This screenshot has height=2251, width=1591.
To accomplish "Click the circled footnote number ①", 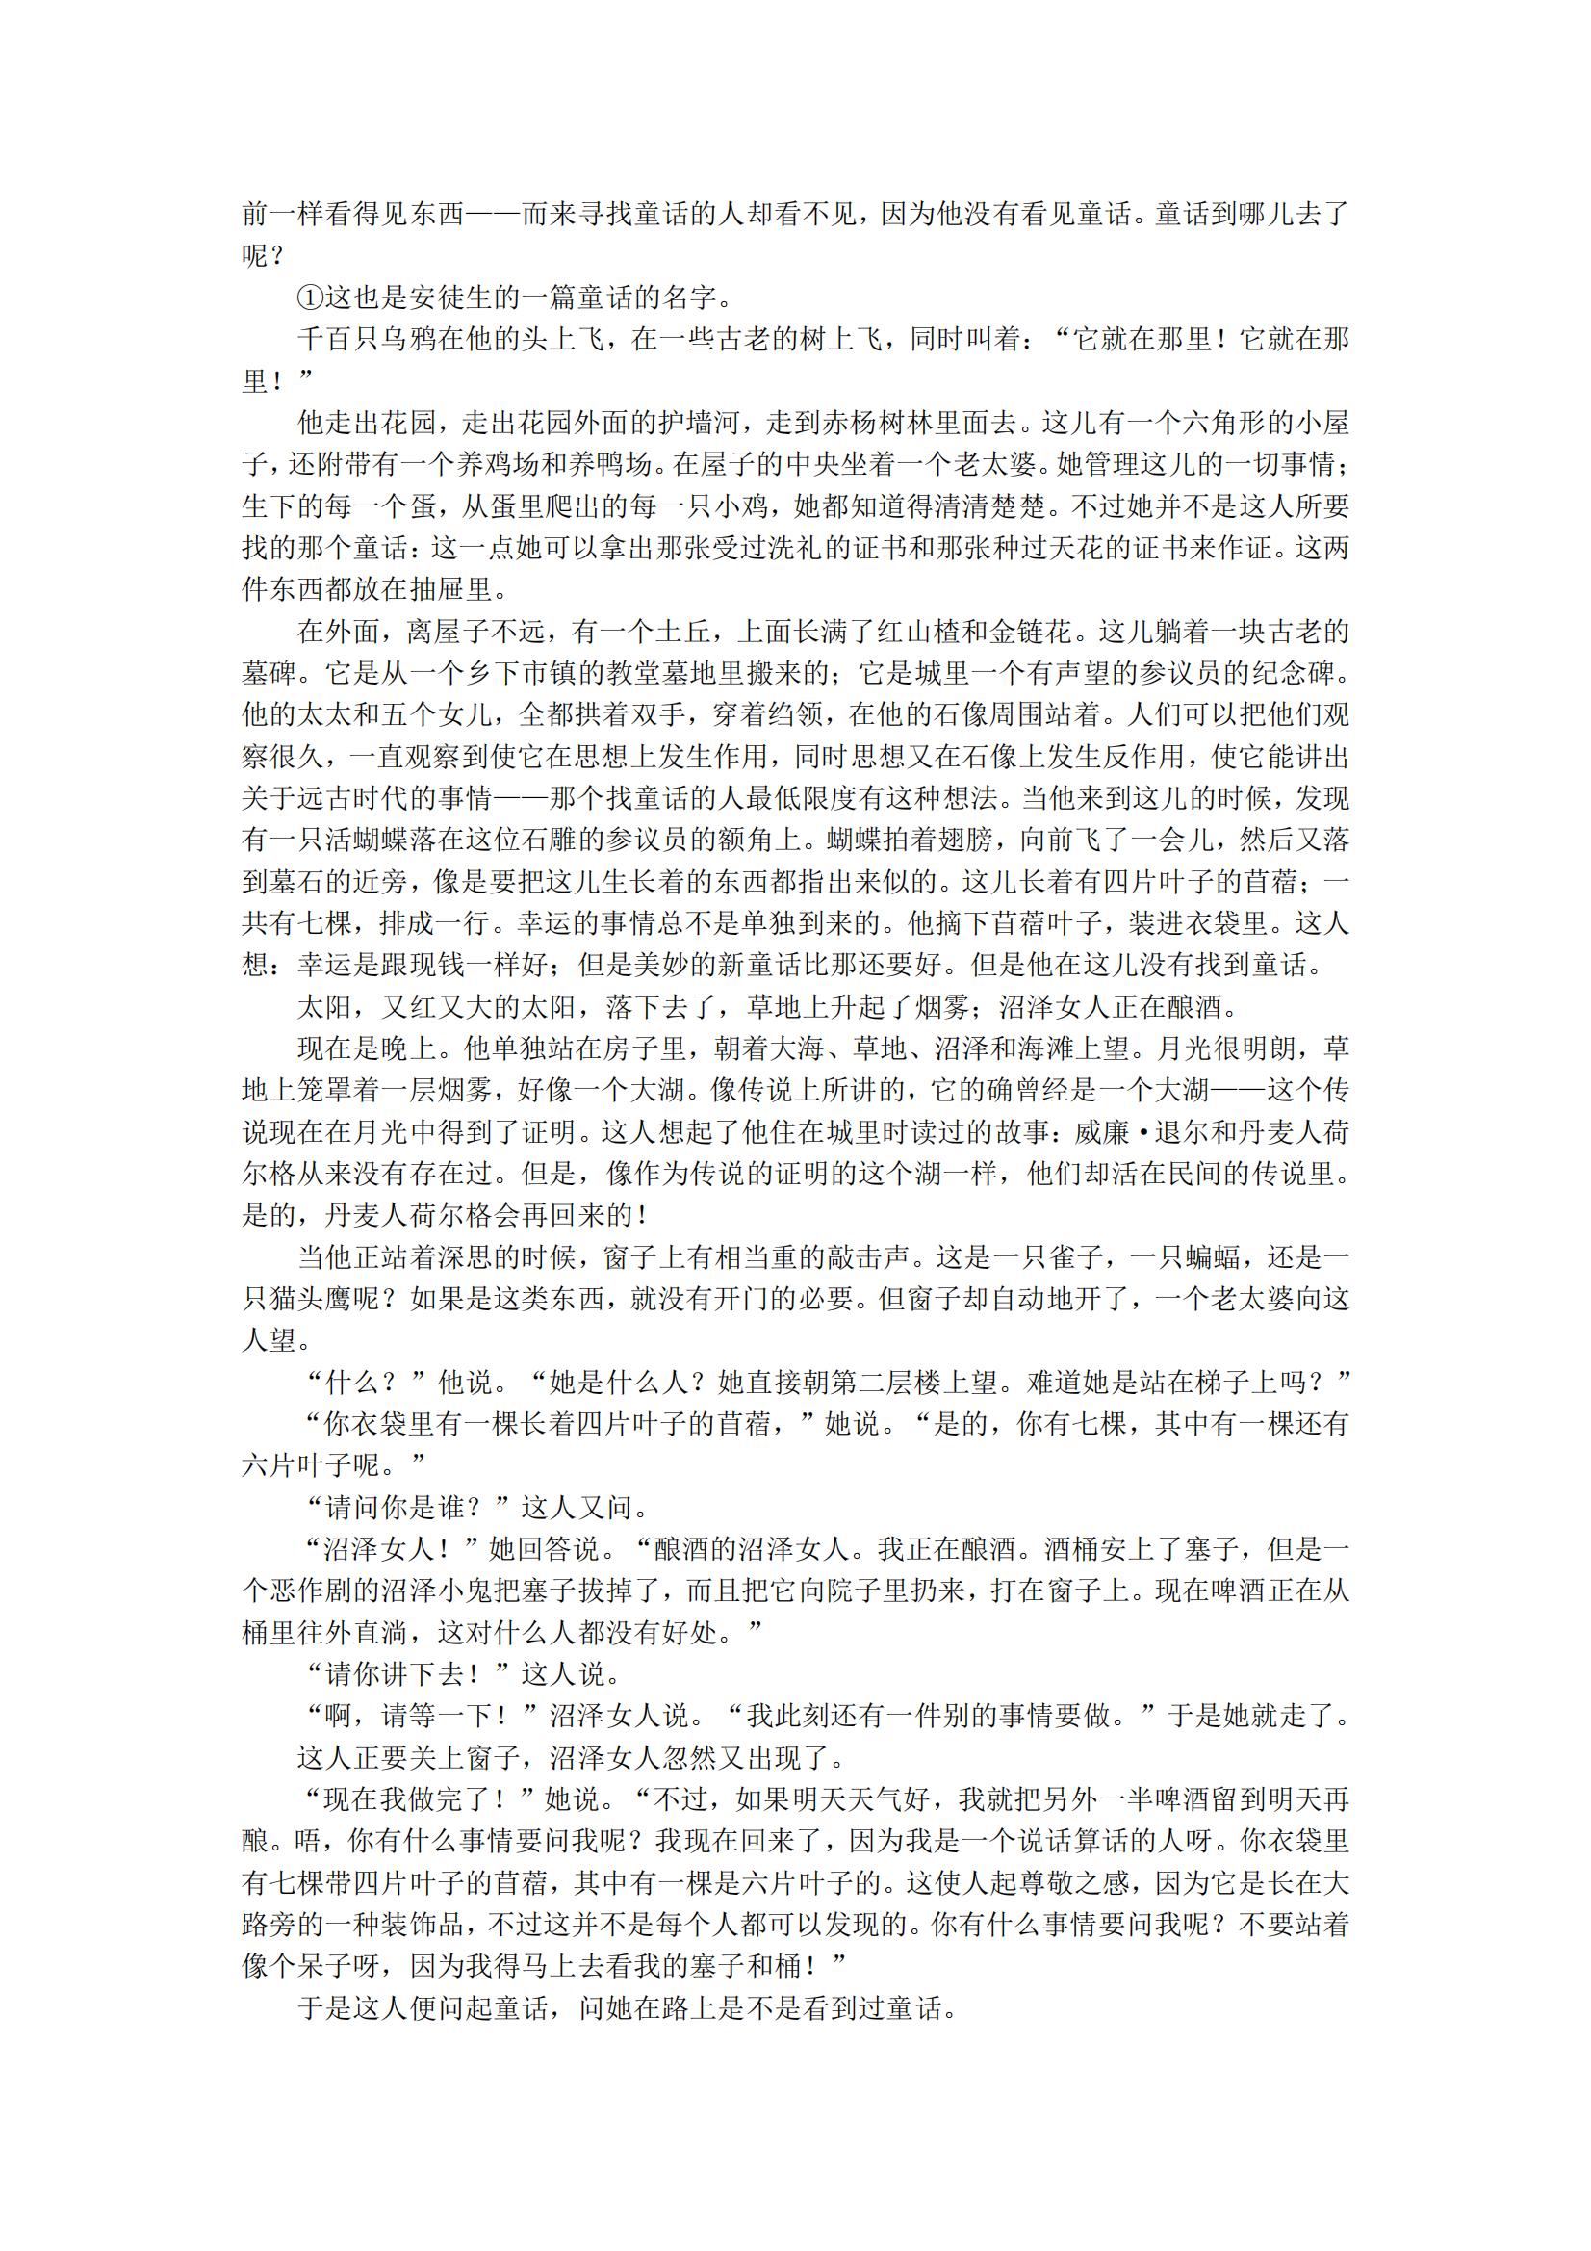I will (x=311, y=298).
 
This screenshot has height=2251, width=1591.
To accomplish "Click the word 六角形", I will (x=1224, y=423).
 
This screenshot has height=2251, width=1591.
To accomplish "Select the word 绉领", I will (x=795, y=714).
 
